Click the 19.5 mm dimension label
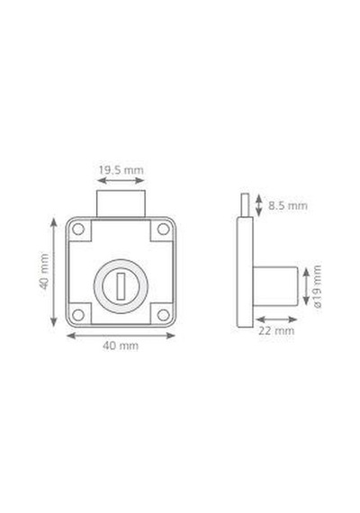(121, 170)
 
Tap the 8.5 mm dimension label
(288, 206)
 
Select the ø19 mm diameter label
(317, 286)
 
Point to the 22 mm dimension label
(276, 331)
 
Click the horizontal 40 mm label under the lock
(121, 346)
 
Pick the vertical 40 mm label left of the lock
(44, 271)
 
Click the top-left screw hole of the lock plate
(78, 229)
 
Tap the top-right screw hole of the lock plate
(163, 229)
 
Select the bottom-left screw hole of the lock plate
(78, 315)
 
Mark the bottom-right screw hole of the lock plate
(163, 315)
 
